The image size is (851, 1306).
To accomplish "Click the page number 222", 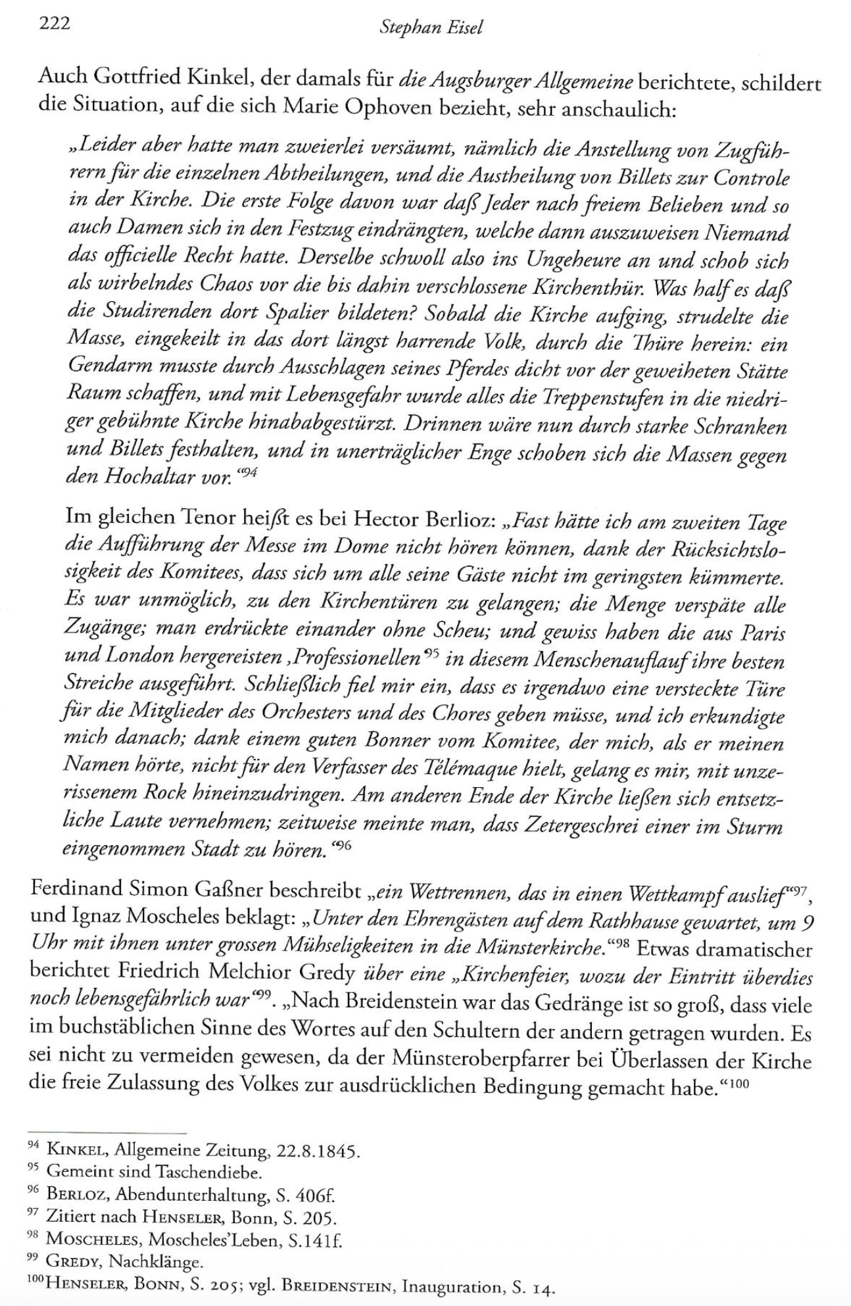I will coord(55,24).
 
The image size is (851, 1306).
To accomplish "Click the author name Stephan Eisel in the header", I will coord(431,28).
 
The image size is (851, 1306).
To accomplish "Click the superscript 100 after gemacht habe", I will coord(739,1084).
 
